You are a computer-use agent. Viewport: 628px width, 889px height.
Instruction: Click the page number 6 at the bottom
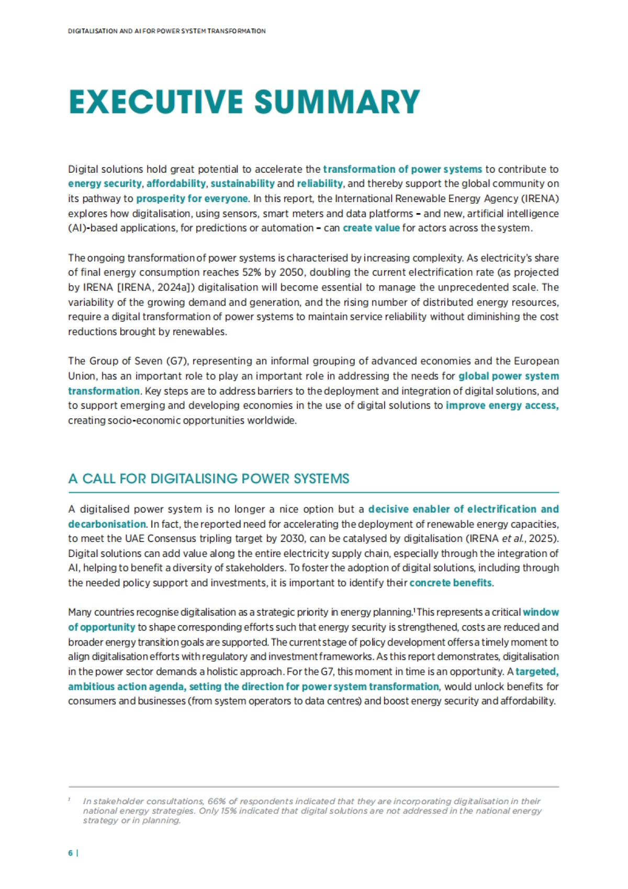click(70, 853)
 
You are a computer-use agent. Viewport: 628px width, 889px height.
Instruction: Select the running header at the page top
click(166, 31)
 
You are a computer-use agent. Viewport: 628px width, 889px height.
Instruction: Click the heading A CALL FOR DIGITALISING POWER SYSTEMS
click(209, 479)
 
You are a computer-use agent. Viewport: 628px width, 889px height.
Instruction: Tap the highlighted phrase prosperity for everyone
click(192, 198)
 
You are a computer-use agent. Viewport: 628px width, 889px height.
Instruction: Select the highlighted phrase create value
click(371, 228)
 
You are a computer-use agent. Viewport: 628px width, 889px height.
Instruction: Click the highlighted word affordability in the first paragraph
click(176, 184)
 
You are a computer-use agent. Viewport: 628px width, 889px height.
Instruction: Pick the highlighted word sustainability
click(242, 184)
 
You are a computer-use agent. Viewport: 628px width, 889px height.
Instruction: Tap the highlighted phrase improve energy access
click(502, 405)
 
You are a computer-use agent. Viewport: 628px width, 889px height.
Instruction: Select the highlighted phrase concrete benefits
click(450, 583)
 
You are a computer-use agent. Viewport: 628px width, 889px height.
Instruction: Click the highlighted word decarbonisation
click(107, 524)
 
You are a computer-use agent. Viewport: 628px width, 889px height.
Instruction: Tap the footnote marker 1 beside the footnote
click(69, 800)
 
